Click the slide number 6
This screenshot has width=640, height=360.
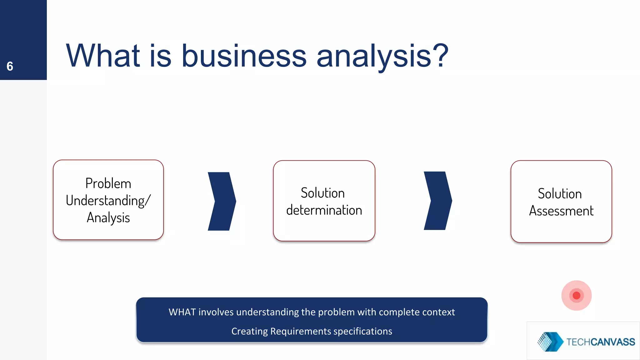10,66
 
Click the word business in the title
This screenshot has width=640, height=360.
244,56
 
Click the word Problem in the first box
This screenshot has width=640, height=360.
108,183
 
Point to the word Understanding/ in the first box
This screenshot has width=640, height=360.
108,201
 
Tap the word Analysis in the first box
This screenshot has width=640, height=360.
108,218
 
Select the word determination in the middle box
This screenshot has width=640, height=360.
324,210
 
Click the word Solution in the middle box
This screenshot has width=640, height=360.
322,193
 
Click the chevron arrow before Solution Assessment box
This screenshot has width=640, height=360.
438,201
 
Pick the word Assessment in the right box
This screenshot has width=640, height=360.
561,211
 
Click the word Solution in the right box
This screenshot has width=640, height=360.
560,194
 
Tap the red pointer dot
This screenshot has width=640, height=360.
577,295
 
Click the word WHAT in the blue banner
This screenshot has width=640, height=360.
182,312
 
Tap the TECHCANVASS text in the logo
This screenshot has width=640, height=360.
601,342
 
